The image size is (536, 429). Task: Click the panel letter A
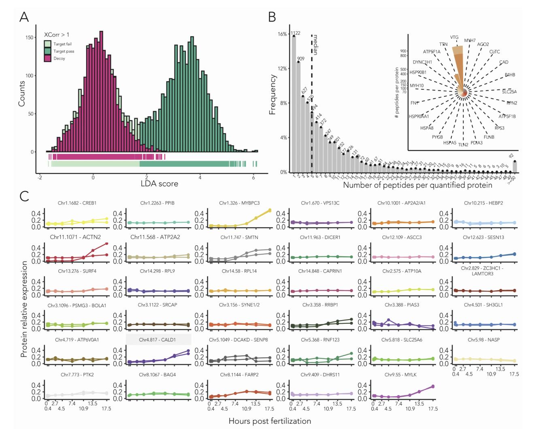coord(24,17)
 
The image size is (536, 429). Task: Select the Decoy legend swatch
coord(48,59)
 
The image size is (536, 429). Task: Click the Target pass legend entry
coord(64,51)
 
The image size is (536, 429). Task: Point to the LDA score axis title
coord(159,183)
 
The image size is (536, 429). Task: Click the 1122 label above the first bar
coord(295,33)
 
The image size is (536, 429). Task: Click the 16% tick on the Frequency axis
coord(282,34)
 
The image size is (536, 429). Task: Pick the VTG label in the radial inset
coord(454,38)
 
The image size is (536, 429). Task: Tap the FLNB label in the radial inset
coord(489,137)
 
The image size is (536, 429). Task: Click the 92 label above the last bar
coord(512,155)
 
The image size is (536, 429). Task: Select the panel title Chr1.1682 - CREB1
coord(77,203)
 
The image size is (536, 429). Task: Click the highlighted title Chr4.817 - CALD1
coord(157,340)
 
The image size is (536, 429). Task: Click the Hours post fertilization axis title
coord(270,421)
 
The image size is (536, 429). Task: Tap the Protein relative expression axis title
coord(24,309)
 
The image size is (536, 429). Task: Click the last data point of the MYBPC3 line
coord(270,210)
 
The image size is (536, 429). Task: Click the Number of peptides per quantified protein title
coord(417,185)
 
